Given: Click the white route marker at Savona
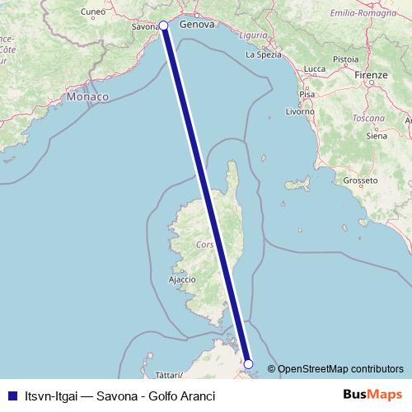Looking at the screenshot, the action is pos(163,26).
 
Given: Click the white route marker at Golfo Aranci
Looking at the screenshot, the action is pos(249,363).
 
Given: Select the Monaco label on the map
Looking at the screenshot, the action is pos(88,97).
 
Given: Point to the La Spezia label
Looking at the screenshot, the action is pos(264,55).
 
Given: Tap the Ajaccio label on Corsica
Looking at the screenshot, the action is pos(181,279).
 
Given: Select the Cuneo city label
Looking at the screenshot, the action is pos(95,12).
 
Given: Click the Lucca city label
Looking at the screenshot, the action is pos(314,68).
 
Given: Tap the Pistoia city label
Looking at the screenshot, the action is pos(345,59).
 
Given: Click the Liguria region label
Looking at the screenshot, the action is pos(252,35).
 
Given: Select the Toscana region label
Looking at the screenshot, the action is pos(370,118).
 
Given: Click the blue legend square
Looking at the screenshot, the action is pos(10,396).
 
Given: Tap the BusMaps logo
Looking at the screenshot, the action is pos(373,396).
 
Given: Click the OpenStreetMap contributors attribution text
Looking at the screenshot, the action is pos(340,369).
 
